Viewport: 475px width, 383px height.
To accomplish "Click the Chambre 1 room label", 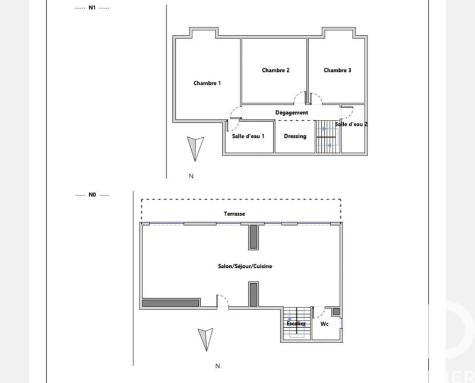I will [x=207, y=83].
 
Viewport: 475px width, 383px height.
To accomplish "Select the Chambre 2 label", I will [x=275, y=70].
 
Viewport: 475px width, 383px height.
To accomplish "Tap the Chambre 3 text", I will [x=337, y=70].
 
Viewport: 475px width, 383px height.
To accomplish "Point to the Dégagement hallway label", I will [x=292, y=112].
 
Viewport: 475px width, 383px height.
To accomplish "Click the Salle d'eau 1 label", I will [x=248, y=136].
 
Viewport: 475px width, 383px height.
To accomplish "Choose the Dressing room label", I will [x=295, y=136].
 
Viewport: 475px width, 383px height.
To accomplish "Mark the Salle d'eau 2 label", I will [x=351, y=124].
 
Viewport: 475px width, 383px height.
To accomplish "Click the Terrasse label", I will [x=235, y=214].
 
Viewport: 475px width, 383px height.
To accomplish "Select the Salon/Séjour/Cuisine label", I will [x=245, y=267].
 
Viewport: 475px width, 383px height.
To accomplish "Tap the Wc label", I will [x=325, y=324].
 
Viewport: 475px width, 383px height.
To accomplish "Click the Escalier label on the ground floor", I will [x=296, y=324].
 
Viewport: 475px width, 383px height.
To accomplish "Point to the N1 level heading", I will [x=92, y=8].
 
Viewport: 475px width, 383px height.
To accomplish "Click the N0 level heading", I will [x=92, y=194].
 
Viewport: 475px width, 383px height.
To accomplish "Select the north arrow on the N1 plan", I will [x=195, y=148].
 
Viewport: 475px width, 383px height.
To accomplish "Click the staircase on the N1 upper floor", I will [x=326, y=137].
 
